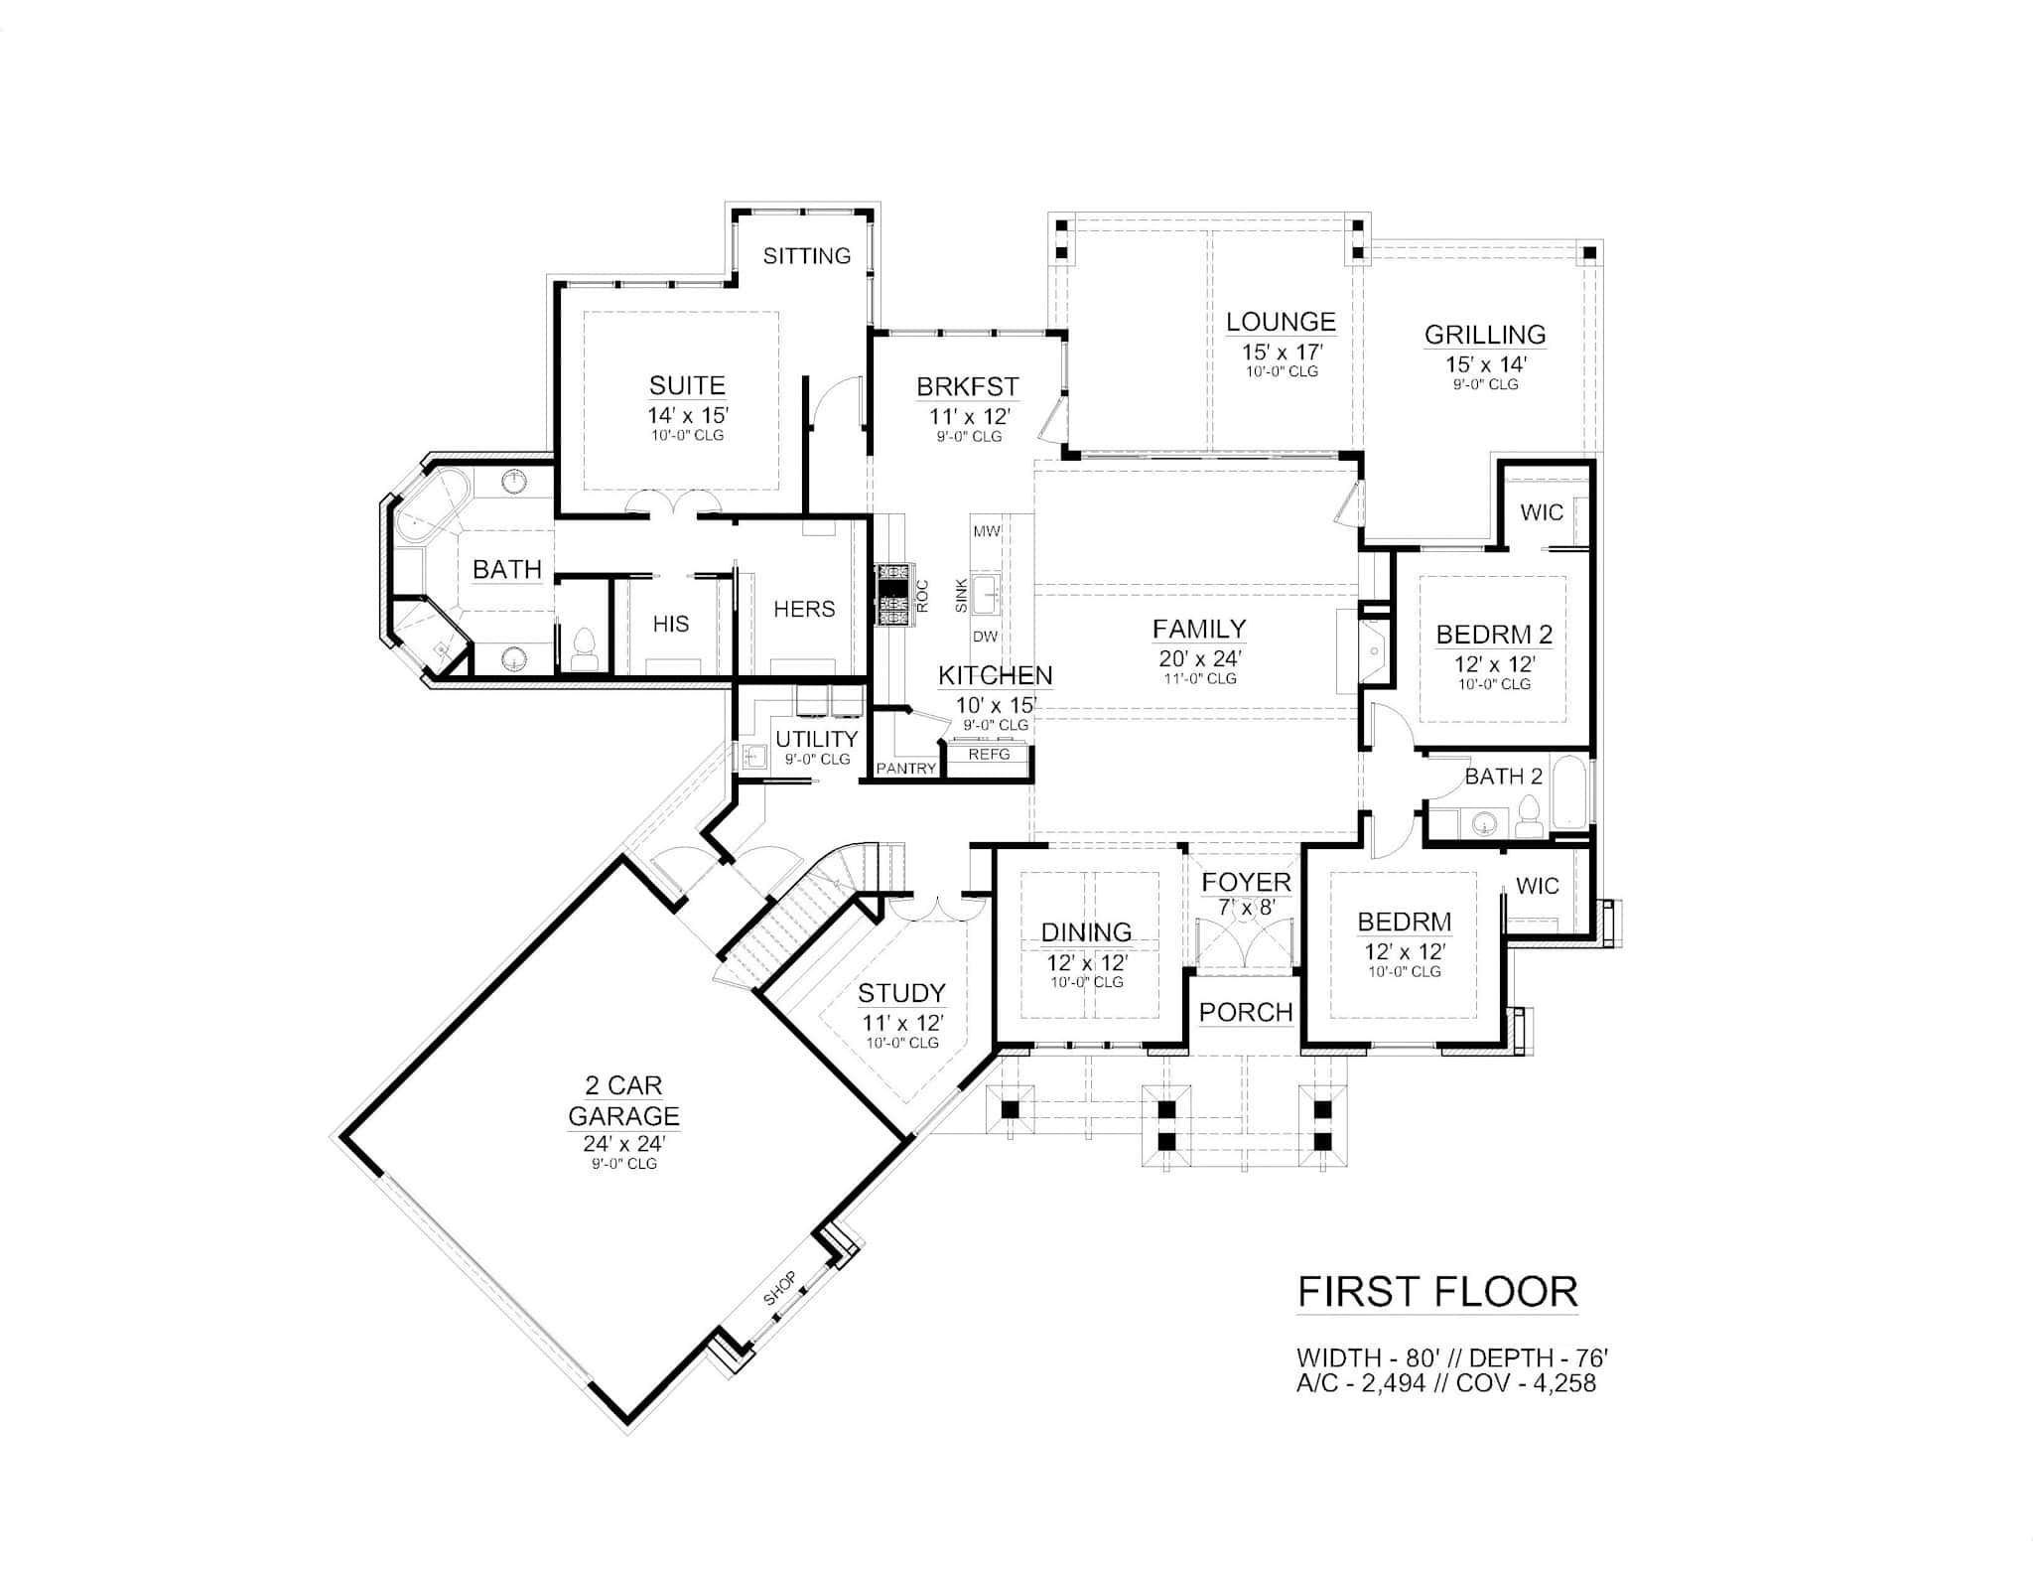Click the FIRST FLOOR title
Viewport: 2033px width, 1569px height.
click(x=1437, y=1292)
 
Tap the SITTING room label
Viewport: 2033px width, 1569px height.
click(x=807, y=256)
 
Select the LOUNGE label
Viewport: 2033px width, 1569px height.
click(x=1281, y=322)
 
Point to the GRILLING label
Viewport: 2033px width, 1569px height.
click(x=1485, y=335)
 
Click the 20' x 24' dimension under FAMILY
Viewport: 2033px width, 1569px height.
click(x=1200, y=658)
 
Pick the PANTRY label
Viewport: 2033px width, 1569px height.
click(x=906, y=768)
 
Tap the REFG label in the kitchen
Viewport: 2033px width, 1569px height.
click(x=989, y=755)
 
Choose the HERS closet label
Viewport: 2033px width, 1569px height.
click(x=804, y=609)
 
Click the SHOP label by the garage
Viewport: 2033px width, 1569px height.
click(x=780, y=1289)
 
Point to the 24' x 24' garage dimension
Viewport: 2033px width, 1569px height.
click(x=623, y=1144)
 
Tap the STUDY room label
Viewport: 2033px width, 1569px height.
click(x=901, y=993)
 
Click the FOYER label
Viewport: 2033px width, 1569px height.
click(x=1246, y=883)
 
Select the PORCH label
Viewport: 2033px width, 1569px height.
click(x=1246, y=1012)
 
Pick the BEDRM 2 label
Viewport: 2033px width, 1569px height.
click(x=1494, y=634)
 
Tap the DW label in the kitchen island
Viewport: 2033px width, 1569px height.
click(x=985, y=637)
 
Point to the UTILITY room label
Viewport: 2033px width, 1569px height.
click(x=816, y=739)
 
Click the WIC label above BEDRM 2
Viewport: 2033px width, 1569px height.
click(x=1541, y=512)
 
